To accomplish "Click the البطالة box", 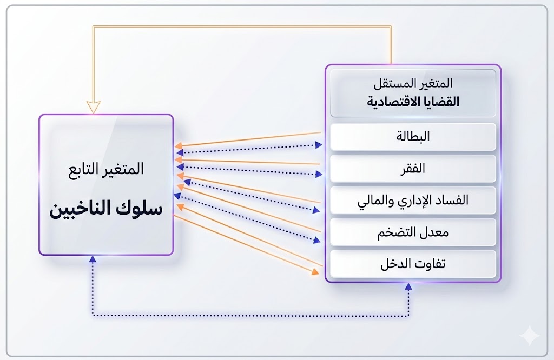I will tap(413, 137).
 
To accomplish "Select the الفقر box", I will tap(413, 168).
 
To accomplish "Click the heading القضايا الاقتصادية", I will tap(413, 102).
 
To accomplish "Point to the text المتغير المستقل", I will tap(413, 84).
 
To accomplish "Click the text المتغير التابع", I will tap(106, 169).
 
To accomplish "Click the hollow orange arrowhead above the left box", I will tap(94, 106).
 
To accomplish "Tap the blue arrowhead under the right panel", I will tap(408, 288).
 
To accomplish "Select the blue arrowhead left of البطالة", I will tap(319, 144).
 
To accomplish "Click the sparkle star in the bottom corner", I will tap(529, 336).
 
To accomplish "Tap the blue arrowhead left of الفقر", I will tap(319, 174).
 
